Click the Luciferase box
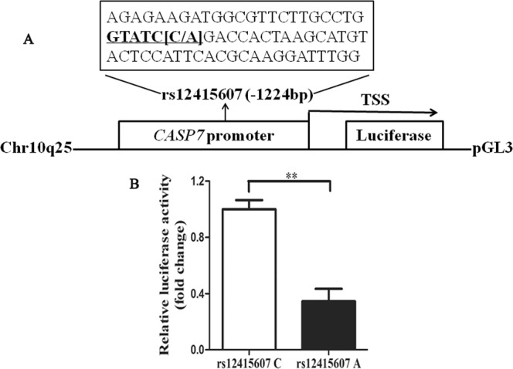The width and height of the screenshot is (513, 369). coord(394,135)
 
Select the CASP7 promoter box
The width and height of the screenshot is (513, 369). coord(213,135)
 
